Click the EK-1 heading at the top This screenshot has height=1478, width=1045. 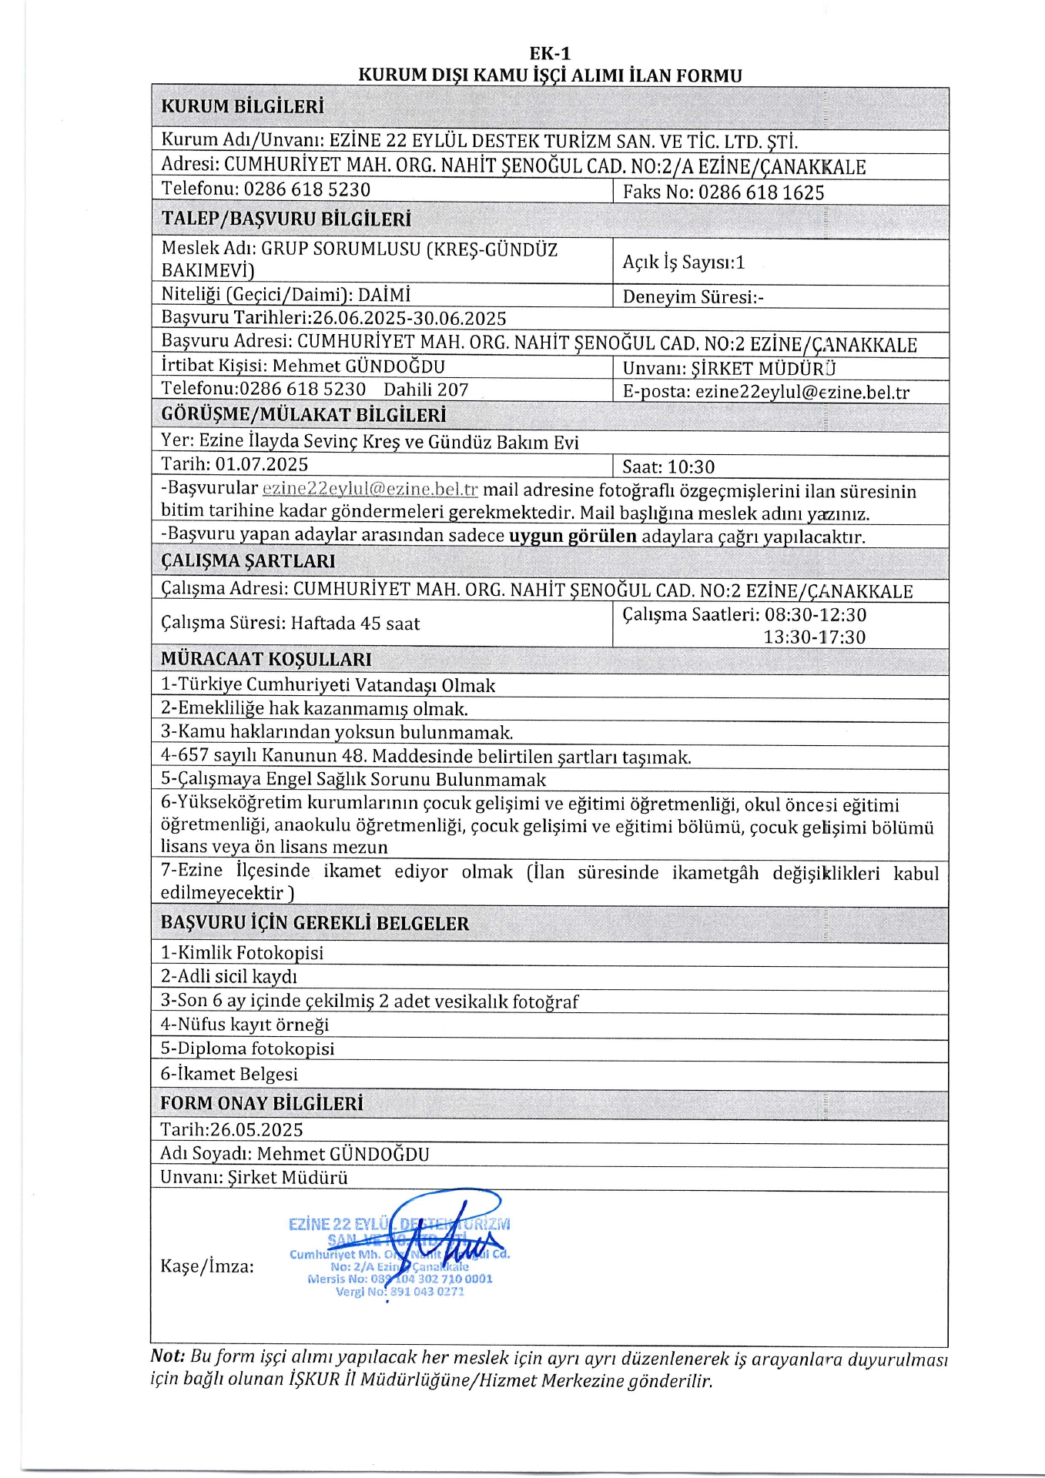pyautogui.click(x=550, y=53)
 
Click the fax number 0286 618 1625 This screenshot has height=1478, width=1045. pyautogui.click(x=761, y=192)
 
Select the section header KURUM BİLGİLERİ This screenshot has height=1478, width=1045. pyautogui.click(x=242, y=106)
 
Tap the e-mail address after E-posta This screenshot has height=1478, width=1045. pyautogui.click(x=802, y=392)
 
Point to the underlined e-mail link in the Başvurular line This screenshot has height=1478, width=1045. pyautogui.click(x=370, y=489)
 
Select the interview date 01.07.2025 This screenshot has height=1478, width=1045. pyautogui.click(x=261, y=464)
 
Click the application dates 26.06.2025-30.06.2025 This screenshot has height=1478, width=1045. pyautogui.click(x=409, y=318)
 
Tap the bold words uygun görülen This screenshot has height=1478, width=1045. pyautogui.click(x=573, y=536)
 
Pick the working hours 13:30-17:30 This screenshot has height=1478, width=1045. pyautogui.click(x=814, y=637)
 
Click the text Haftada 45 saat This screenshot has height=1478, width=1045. pyautogui.click(x=355, y=624)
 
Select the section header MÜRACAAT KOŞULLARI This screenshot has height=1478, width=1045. pyautogui.click(x=266, y=659)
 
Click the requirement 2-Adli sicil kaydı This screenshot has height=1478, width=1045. pyautogui.click(x=229, y=976)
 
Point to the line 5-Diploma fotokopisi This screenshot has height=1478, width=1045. pyautogui.click(x=247, y=1048)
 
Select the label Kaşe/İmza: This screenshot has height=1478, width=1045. pyautogui.click(x=207, y=1266)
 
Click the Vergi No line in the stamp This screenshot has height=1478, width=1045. pyautogui.click(x=399, y=1292)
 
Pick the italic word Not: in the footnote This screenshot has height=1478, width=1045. pyautogui.click(x=168, y=1356)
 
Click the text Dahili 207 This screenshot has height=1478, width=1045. pyautogui.click(x=426, y=390)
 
